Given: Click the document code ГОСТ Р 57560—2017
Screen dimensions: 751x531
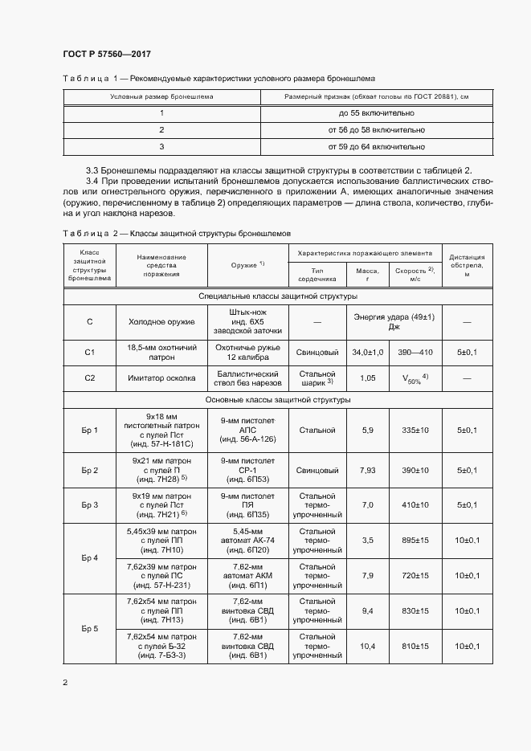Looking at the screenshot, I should [106, 54].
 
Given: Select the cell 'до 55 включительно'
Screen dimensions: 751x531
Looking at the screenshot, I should [376, 114].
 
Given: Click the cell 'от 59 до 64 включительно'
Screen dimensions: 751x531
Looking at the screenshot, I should [376, 147].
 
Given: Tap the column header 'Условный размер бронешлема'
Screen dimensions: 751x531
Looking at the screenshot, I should [161, 96].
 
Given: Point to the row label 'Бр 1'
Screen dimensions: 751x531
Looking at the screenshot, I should [90, 430].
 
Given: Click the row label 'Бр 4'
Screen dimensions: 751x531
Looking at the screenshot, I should [90, 557].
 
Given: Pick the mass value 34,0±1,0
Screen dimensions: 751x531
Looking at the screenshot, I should [368, 352].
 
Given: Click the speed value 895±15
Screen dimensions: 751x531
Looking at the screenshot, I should [415, 541].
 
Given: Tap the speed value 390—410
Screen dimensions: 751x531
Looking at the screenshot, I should [415, 352].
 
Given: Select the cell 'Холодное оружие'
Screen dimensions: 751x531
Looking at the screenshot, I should [161, 321].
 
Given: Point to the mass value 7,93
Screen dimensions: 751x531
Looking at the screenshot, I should [368, 470].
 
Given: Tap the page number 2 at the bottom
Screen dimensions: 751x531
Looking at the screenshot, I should [65, 682].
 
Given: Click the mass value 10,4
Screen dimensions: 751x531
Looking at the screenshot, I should [368, 646].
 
